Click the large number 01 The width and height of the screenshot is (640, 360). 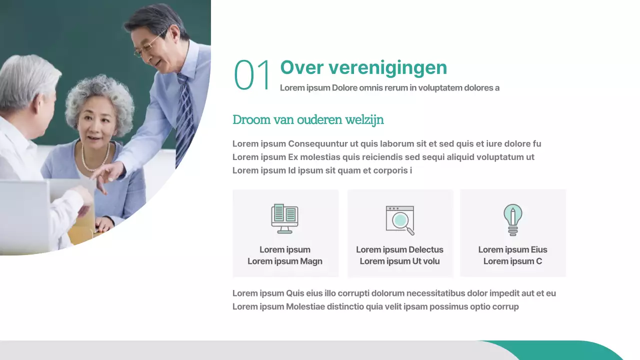(x=252, y=75)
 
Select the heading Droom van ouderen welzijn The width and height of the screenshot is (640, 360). (x=308, y=120)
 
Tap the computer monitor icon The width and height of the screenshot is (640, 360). (x=284, y=218)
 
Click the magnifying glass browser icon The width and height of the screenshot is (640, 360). (x=400, y=220)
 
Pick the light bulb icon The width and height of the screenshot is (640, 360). (x=512, y=219)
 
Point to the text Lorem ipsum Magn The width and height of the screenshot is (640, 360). (x=285, y=261)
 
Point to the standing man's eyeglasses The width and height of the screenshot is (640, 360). (x=148, y=47)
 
